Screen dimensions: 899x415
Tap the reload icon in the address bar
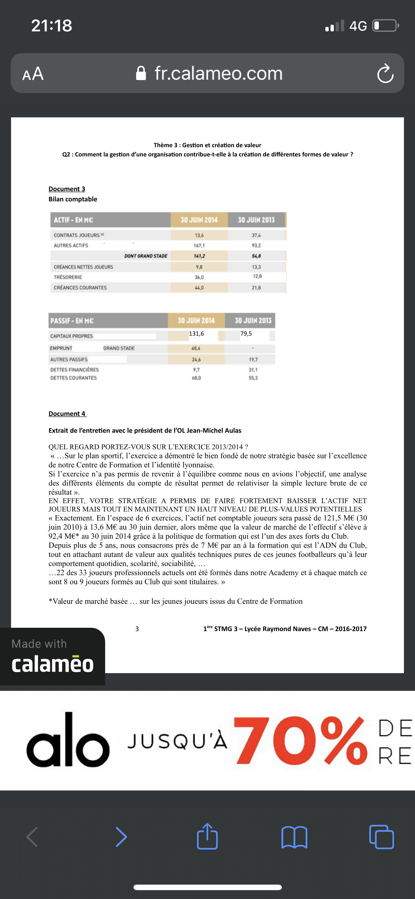click(x=385, y=74)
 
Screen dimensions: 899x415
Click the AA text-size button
click(x=33, y=74)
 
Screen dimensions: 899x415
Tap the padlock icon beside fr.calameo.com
click(x=141, y=73)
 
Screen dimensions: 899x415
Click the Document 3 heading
click(x=67, y=189)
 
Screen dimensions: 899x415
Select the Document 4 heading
click(x=67, y=414)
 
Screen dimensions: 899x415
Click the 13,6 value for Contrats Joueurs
click(x=199, y=235)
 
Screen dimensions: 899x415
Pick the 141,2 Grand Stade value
click(x=199, y=256)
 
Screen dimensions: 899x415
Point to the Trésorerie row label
click(x=68, y=277)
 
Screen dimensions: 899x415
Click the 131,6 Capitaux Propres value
click(x=196, y=334)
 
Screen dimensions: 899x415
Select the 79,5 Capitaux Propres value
click(x=246, y=334)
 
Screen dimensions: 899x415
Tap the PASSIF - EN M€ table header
click(x=72, y=321)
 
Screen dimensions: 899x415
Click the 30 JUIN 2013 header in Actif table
click(x=256, y=220)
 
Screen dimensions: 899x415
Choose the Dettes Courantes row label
click(x=73, y=378)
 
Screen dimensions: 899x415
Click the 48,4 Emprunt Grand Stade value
click(x=196, y=348)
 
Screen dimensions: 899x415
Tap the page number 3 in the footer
click(x=137, y=629)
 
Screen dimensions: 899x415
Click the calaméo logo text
click(x=52, y=664)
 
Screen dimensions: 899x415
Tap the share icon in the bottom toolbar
click(x=207, y=837)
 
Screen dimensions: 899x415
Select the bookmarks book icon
click(x=294, y=837)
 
